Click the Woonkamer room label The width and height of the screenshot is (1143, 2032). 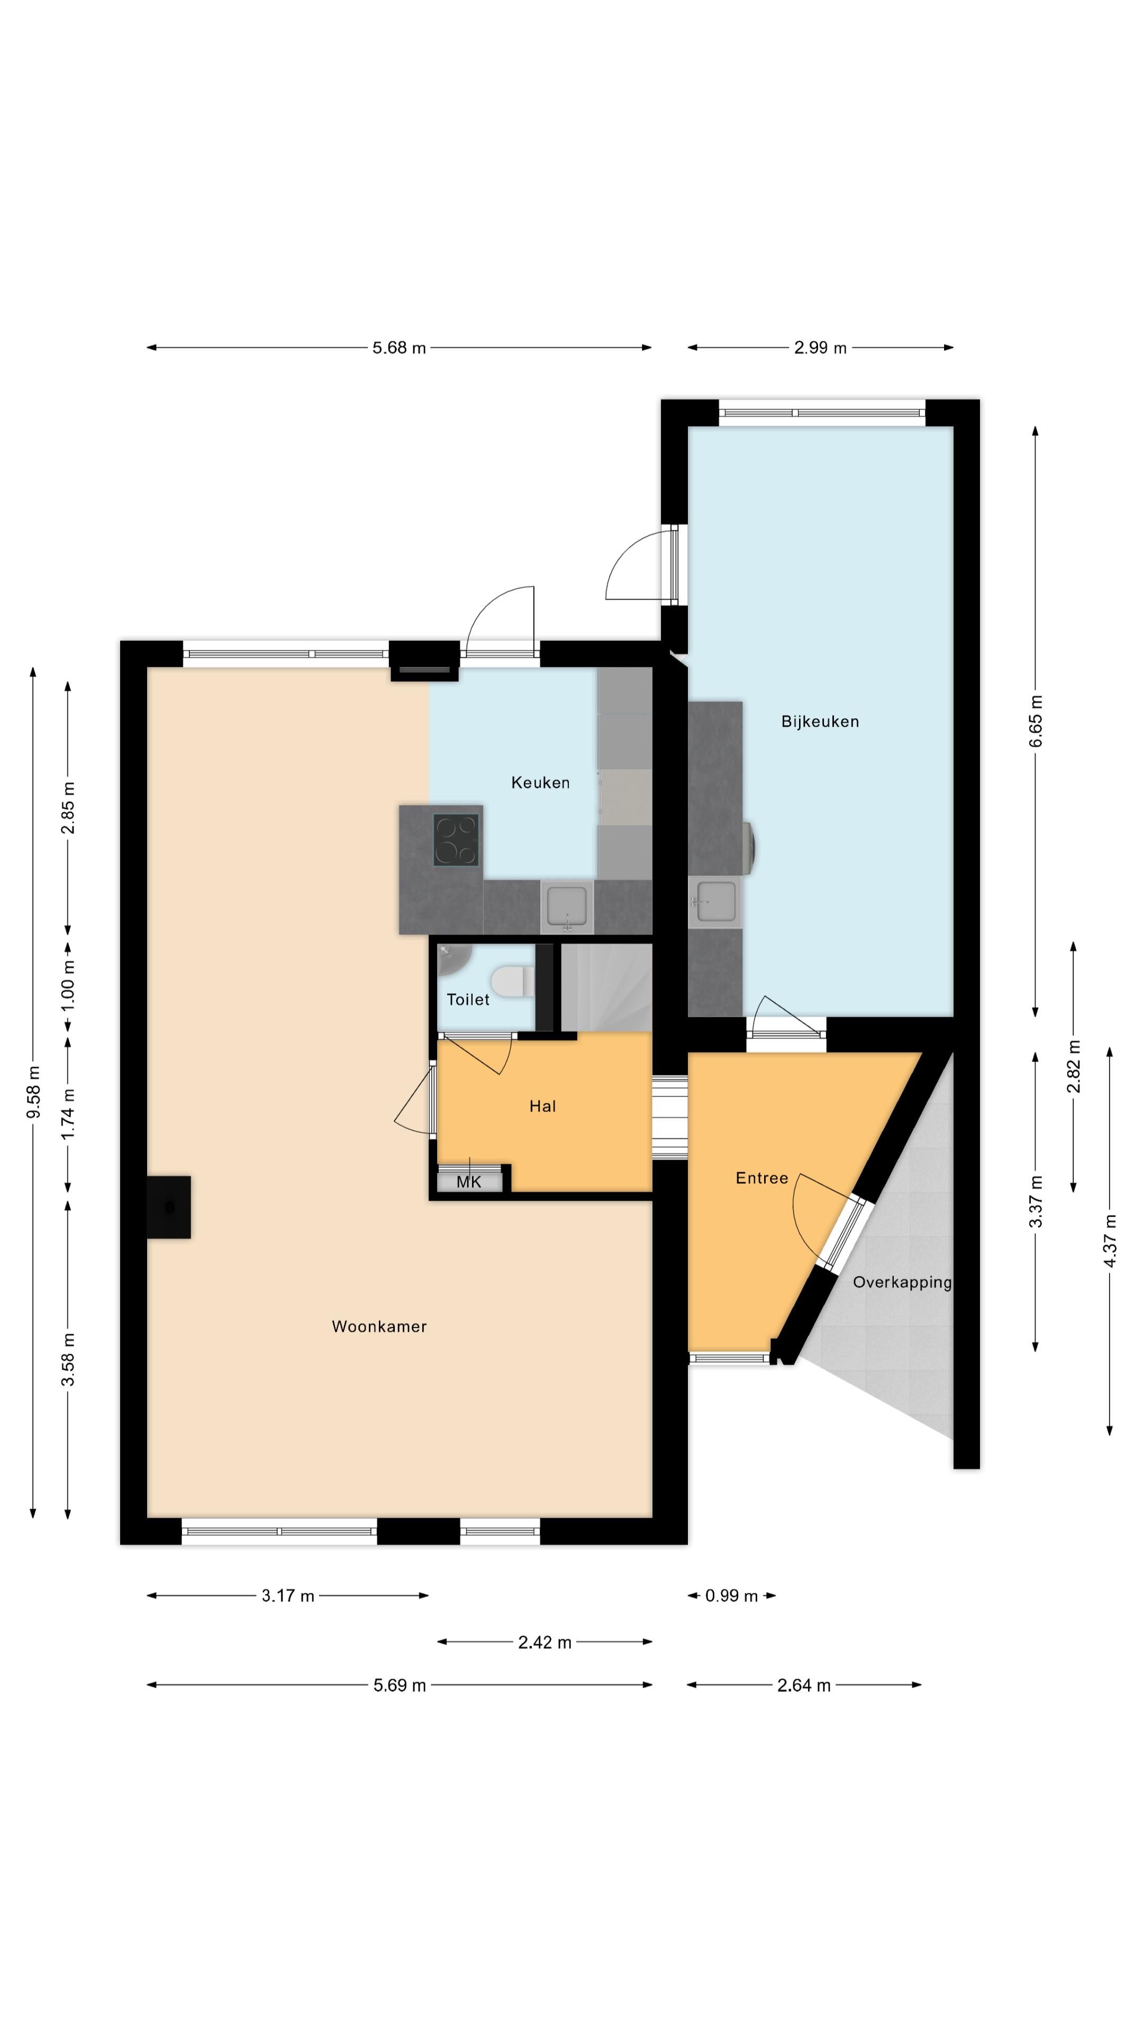coord(379,1327)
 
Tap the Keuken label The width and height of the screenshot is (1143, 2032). coord(540,783)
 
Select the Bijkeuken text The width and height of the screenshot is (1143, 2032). coord(820,721)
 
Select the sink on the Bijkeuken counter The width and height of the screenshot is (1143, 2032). coord(715,902)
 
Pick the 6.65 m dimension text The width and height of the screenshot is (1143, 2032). coord(1036,721)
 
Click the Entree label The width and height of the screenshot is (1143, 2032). coord(761,1178)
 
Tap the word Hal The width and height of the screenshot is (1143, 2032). coord(543,1106)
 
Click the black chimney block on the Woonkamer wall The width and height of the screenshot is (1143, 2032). coord(169,1207)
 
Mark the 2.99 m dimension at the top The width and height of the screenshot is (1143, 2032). coord(820,348)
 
